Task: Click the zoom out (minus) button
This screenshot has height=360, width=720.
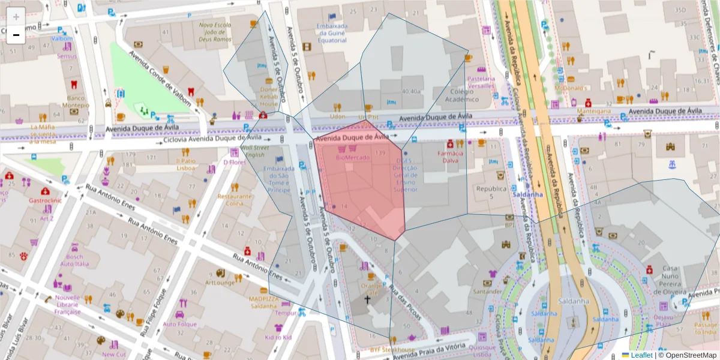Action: pyautogui.click(x=16, y=35)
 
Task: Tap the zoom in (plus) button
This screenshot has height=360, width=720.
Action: pyautogui.click(x=16, y=17)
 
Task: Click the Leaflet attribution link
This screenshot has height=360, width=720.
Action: pyautogui.click(x=640, y=355)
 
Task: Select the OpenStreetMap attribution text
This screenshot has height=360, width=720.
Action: pyautogui.click(x=689, y=355)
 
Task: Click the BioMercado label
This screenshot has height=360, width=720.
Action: pyautogui.click(x=353, y=157)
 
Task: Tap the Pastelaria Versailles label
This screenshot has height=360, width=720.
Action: pyautogui.click(x=481, y=82)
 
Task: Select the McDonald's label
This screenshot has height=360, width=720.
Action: pyautogui.click(x=569, y=88)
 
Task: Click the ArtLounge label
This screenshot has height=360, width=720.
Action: pyautogui.click(x=220, y=283)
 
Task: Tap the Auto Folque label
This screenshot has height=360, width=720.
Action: pyautogui.click(x=179, y=324)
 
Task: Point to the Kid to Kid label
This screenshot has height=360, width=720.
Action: pyautogui.click(x=278, y=338)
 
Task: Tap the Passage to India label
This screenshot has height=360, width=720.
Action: pyautogui.click(x=705, y=328)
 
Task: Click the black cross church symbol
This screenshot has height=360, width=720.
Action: pyautogui.click(x=367, y=298)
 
